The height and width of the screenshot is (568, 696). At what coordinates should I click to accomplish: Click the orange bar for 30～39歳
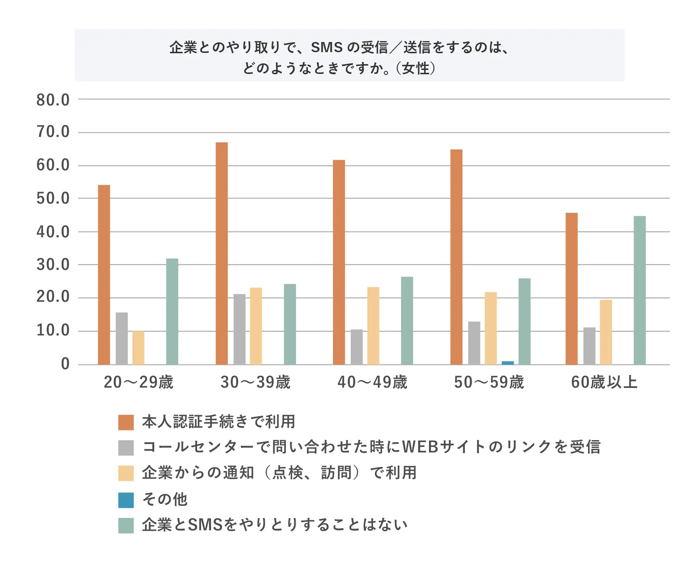click(222, 254)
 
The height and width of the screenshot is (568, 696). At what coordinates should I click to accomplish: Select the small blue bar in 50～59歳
click(508, 363)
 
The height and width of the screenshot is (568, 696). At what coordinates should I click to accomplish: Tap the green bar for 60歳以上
click(639, 290)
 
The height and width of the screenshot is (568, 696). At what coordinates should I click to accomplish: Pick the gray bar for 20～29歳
click(122, 338)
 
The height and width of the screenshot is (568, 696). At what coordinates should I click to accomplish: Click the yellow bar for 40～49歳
click(373, 326)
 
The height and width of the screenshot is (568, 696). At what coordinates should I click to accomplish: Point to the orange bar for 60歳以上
click(571, 289)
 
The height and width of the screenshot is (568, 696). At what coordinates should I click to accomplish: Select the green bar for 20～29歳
click(172, 312)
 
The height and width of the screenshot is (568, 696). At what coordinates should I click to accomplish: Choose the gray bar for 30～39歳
click(239, 329)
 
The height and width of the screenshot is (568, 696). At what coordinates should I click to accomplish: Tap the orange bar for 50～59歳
click(456, 257)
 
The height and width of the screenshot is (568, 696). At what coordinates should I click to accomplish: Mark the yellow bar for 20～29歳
click(138, 348)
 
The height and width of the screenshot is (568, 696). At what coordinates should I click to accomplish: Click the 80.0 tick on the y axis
click(53, 100)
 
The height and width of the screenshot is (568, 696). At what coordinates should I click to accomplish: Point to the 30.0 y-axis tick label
click(53, 265)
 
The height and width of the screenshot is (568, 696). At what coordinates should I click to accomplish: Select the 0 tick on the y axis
click(65, 364)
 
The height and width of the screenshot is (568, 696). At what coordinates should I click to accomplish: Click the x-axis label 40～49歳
click(372, 382)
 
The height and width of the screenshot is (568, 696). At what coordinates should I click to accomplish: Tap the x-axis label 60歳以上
click(604, 382)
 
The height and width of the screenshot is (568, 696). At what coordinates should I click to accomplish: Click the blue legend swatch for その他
click(126, 500)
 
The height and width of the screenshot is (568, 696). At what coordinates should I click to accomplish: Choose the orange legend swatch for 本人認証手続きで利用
click(126, 422)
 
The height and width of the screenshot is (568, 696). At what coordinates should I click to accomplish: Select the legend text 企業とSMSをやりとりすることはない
click(275, 525)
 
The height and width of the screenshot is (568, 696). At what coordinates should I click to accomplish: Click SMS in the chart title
click(327, 47)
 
